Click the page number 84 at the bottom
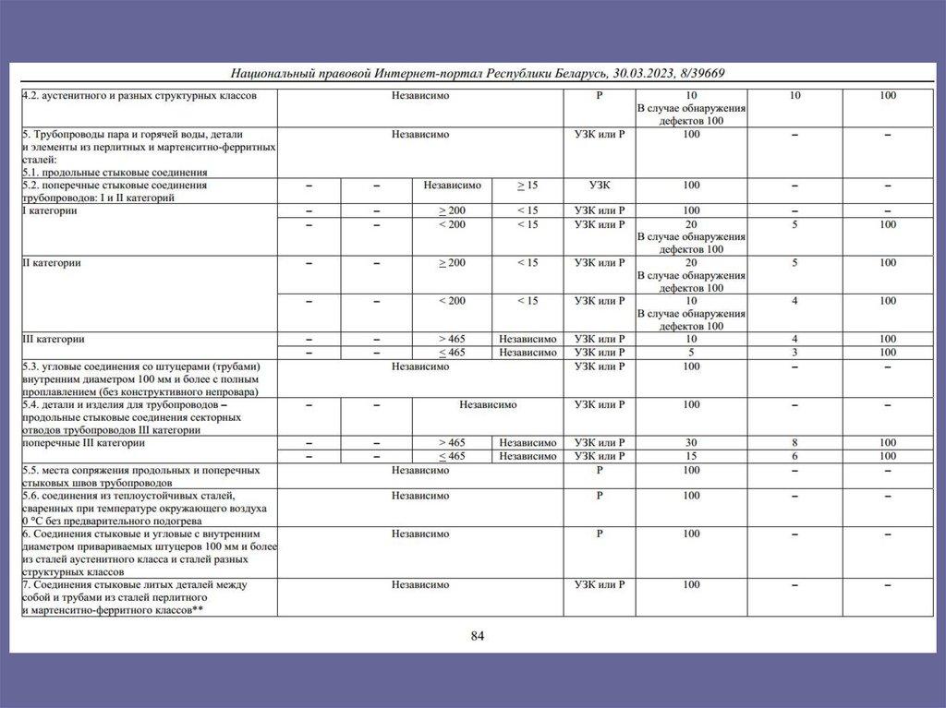click(477, 635)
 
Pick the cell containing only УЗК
click(599, 185)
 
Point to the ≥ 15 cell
click(527, 185)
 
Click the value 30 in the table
click(691, 442)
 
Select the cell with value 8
click(794, 442)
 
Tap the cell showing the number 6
click(794, 456)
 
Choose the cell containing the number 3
click(794, 352)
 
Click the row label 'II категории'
click(52, 262)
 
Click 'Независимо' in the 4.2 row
click(419, 95)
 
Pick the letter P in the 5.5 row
click(599, 470)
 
